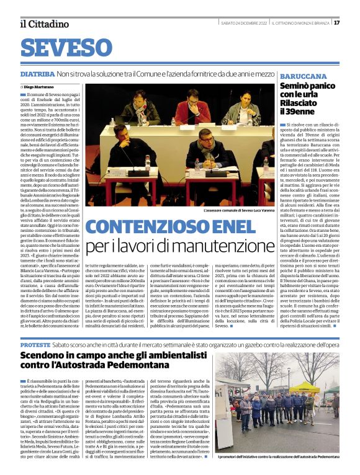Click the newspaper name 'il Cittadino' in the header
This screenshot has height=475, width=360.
[x=43, y=24]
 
